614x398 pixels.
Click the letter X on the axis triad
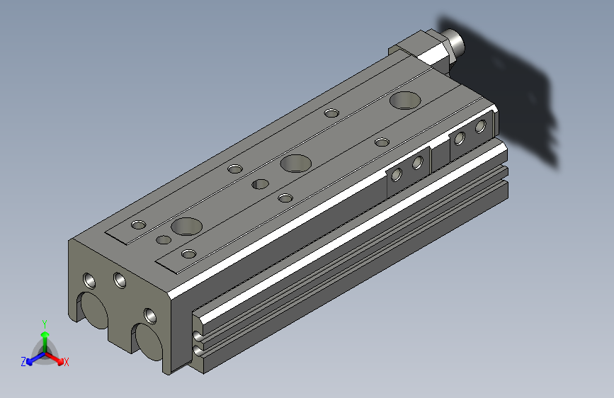[x=66, y=362]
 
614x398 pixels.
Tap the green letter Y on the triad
[x=45, y=324]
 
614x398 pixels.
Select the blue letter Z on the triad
[x=23, y=362]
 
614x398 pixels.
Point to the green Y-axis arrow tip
[x=45, y=334]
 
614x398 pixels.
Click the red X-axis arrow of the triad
[x=55, y=358]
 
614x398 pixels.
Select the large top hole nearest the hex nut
[x=405, y=101]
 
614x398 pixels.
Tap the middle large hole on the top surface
[x=295, y=164]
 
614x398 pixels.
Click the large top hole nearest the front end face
[x=187, y=227]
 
